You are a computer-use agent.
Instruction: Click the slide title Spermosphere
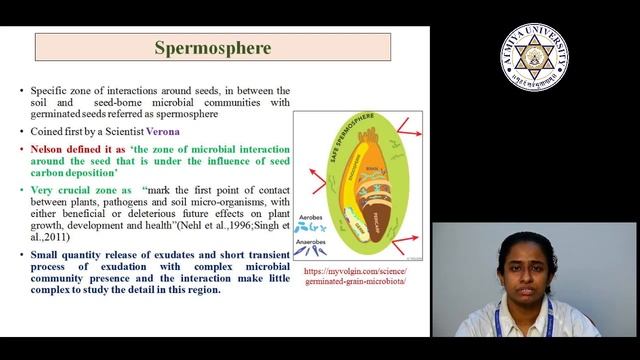pyautogui.click(x=212, y=47)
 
